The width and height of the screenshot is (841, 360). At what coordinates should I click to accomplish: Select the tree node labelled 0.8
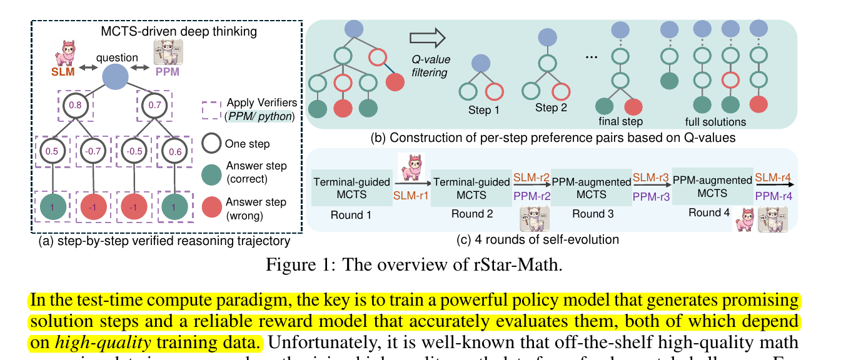click(74, 106)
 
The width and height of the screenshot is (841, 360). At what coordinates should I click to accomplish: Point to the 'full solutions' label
click(716, 121)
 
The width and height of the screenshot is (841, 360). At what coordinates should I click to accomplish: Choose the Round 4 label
click(709, 212)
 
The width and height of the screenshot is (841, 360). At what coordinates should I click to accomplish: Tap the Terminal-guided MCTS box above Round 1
click(351, 188)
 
